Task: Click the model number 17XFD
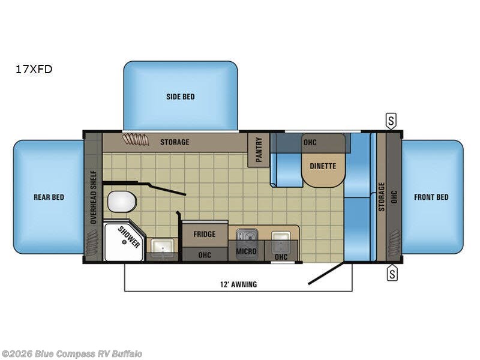34,69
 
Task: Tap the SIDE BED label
180,97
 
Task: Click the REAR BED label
49,197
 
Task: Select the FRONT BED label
431,197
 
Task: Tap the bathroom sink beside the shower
160,245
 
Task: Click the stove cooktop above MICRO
247,235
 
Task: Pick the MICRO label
247,251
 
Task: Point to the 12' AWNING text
238,284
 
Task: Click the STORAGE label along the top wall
175,142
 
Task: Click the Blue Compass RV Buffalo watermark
72,353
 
